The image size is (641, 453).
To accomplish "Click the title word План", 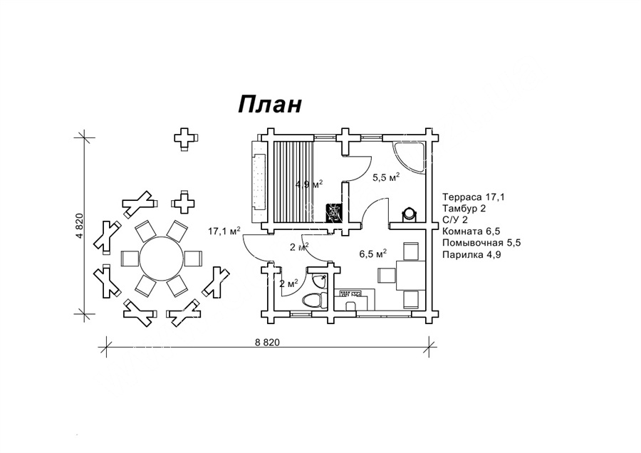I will pos(270,104).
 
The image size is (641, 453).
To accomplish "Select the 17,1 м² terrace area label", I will pos(224,231).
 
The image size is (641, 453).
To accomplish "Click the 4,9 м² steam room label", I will pos(310,184).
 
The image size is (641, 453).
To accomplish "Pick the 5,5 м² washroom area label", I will pos(386,177).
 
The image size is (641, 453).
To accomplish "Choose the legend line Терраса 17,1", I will pos(469,196).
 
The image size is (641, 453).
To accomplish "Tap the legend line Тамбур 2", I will pos(464,208).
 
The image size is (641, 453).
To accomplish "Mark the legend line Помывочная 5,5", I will pos(481,243).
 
